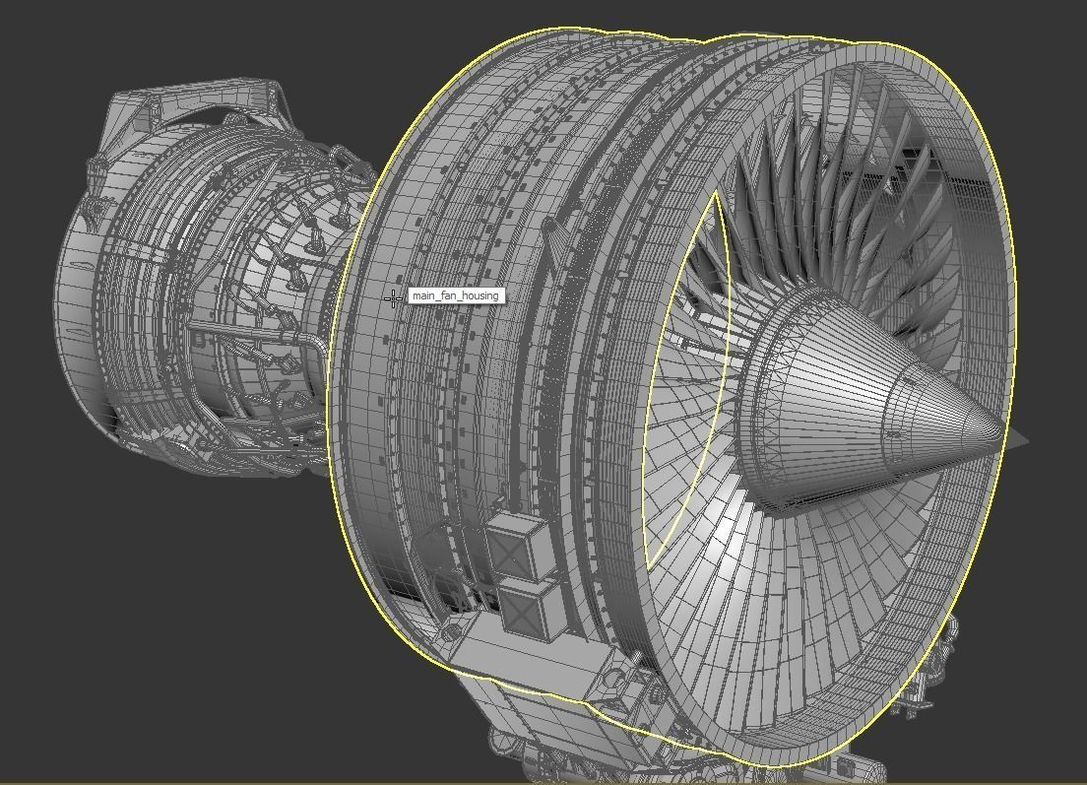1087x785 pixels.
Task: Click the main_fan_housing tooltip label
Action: click(x=455, y=295)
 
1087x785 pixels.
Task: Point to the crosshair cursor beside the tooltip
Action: click(x=394, y=296)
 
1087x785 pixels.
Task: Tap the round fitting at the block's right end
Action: click(x=616, y=680)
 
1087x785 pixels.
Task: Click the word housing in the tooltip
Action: click(x=479, y=295)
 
